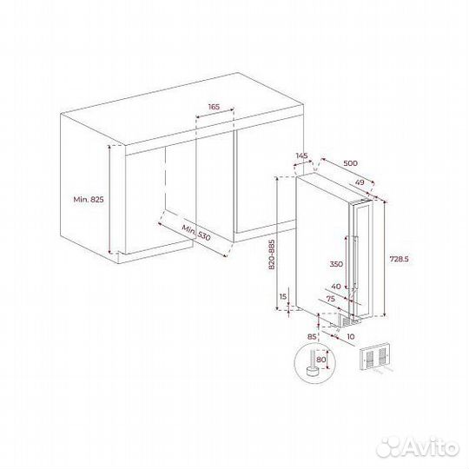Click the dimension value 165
click(x=215, y=107)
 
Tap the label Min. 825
click(x=89, y=200)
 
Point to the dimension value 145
click(x=301, y=155)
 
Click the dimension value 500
click(x=350, y=162)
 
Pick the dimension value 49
click(x=359, y=182)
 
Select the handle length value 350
click(x=336, y=263)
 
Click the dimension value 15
click(x=283, y=298)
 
